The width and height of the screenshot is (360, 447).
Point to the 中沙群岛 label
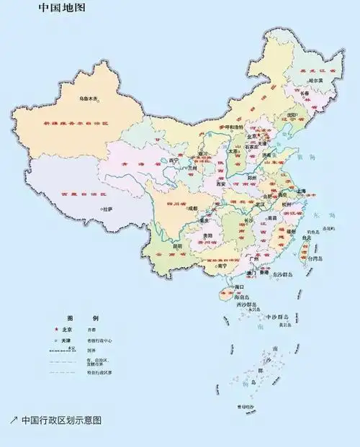tap(276, 317)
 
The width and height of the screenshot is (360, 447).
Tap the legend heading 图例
tap(82, 317)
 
